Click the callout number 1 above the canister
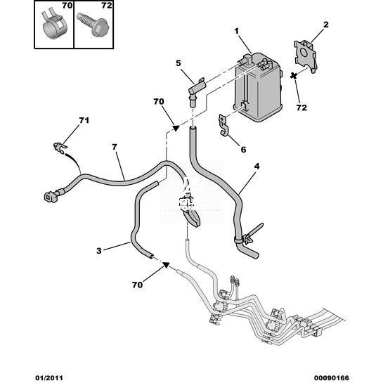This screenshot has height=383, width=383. pyautogui.click(x=236, y=31)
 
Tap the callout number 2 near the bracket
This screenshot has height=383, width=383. pyautogui.click(x=326, y=25)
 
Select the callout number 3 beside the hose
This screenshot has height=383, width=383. pyautogui.click(x=98, y=251)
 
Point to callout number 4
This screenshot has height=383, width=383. pyautogui.click(x=257, y=167)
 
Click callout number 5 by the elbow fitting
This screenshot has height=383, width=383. pyautogui.click(x=178, y=63)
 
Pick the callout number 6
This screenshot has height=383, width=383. pyautogui.click(x=243, y=150)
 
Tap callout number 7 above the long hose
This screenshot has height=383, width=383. pyautogui.click(x=115, y=148)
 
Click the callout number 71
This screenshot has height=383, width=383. pyautogui.click(x=84, y=120)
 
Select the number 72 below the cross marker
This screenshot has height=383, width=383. pyautogui.click(x=301, y=108)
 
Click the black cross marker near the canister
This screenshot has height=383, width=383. pyautogui.click(x=294, y=76)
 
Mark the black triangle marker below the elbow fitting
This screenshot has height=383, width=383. pyautogui.click(x=176, y=128)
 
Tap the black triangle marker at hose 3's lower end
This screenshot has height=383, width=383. pyautogui.click(x=166, y=265)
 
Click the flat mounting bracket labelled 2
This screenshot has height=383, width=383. pyautogui.click(x=306, y=56)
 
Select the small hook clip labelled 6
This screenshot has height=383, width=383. pyautogui.click(x=223, y=125)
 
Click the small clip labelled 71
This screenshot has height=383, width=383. pyautogui.click(x=60, y=147)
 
